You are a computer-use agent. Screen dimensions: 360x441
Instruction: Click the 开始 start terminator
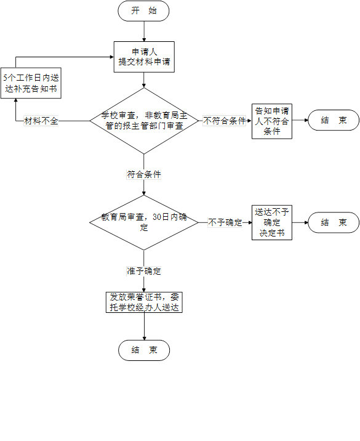click(x=143, y=11)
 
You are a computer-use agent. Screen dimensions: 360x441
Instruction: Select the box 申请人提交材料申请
click(x=144, y=57)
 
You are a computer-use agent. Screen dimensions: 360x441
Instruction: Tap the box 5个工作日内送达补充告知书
click(x=31, y=83)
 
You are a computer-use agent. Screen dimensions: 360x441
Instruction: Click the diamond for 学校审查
click(x=144, y=121)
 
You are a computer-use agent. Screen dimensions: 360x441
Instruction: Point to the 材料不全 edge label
click(x=41, y=121)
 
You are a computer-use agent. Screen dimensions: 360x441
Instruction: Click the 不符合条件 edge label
click(x=224, y=121)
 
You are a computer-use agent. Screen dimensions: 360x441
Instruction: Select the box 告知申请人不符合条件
click(x=272, y=121)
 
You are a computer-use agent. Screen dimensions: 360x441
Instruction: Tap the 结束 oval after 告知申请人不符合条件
click(x=334, y=120)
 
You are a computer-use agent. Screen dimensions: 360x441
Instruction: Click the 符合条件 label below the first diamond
click(x=144, y=174)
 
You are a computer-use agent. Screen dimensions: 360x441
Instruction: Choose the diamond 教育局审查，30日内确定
click(x=144, y=222)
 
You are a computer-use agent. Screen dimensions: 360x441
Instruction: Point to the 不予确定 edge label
click(x=225, y=222)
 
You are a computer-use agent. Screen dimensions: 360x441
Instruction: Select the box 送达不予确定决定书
click(x=272, y=222)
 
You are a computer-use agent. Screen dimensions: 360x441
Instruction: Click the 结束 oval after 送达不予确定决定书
click(x=334, y=222)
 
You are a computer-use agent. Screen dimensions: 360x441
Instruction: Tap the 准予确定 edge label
click(x=144, y=271)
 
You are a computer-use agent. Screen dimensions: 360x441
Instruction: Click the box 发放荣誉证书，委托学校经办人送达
click(x=144, y=302)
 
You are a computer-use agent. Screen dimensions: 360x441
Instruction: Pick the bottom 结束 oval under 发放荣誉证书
click(x=144, y=350)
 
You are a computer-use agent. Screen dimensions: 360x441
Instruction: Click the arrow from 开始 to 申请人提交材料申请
click(x=144, y=31)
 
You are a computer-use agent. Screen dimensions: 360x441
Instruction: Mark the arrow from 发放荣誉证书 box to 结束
click(x=144, y=326)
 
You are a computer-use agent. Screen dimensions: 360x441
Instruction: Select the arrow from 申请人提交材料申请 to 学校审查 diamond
click(x=144, y=80)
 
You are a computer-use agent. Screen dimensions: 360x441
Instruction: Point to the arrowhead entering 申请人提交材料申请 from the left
click(x=112, y=57)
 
